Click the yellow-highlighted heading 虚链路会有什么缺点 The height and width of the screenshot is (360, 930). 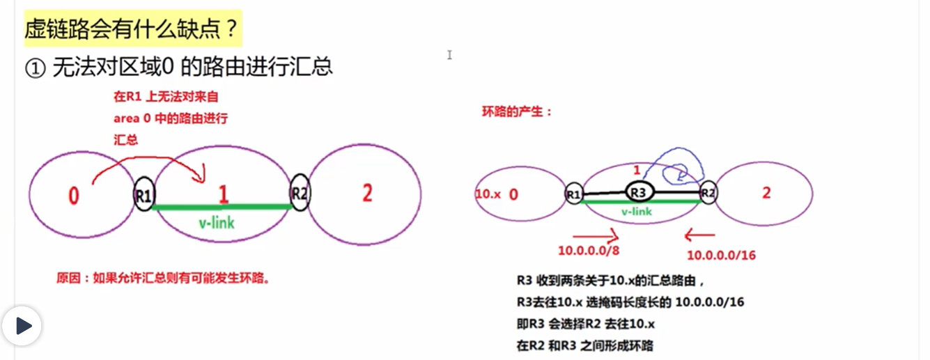(132, 29)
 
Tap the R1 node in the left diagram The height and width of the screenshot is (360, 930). (144, 197)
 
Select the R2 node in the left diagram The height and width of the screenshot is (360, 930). (300, 194)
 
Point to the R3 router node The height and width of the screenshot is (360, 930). (640, 190)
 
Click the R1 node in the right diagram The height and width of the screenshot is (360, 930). (573, 194)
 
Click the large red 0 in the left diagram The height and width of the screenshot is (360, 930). (73, 197)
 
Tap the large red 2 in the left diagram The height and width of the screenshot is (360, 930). (367, 194)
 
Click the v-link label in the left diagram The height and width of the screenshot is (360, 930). (217, 223)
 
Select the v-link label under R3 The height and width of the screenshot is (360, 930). (636, 211)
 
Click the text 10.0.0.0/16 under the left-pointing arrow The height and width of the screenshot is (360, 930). (721, 255)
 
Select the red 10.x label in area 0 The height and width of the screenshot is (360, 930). (488, 194)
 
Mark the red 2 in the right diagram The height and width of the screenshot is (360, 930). (766, 194)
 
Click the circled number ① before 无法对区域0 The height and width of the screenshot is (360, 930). (34, 68)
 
